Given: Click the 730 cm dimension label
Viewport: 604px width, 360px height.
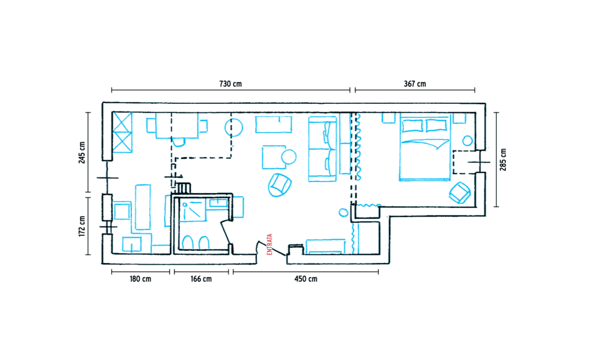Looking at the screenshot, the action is (x=230, y=84).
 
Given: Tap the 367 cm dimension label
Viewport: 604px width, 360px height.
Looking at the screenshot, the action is (x=415, y=84).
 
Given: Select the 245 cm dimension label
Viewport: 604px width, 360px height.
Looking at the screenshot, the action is (x=82, y=152).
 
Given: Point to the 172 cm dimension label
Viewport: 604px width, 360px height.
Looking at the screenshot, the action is (x=82, y=226).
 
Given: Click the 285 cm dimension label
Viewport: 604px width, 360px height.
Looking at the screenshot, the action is (x=503, y=159).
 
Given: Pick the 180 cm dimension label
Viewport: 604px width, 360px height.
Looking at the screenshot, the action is (x=140, y=279).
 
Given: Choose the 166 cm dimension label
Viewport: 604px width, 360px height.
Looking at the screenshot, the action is (x=201, y=279).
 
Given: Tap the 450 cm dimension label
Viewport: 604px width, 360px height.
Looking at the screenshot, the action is (x=306, y=279).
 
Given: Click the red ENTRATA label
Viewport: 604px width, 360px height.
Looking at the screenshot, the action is (x=270, y=244).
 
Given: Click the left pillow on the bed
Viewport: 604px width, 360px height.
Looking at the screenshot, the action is (x=412, y=125).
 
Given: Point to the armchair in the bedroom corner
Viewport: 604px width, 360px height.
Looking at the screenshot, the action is (x=459, y=193).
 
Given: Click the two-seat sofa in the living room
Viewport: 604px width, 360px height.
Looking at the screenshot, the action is (x=323, y=149).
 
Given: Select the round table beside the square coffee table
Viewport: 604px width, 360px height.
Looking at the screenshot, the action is (x=289, y=157).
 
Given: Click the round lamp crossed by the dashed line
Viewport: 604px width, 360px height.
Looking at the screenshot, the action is (x=234, y=128).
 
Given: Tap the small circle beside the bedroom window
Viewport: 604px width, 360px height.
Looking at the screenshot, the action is (x=467, y=140).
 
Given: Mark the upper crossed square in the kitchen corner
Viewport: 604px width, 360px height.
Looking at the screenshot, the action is (x=122, y=122).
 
